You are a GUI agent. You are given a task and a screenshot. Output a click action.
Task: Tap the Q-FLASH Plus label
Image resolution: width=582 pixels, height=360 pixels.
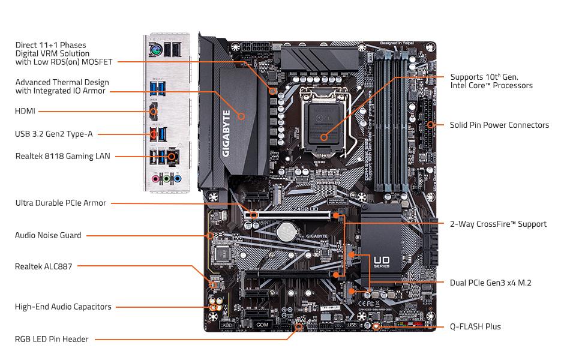tap(475, 327)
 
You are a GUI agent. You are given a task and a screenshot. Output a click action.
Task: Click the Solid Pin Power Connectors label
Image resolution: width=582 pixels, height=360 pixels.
tap(499, 125)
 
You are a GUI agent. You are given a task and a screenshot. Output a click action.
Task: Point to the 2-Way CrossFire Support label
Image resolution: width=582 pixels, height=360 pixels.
tap(498, 224)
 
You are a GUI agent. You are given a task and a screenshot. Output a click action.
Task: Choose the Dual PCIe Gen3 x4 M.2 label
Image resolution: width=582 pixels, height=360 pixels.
tap(490, 283)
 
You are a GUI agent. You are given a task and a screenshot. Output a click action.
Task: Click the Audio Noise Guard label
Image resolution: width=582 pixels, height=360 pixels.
tap(48, 235)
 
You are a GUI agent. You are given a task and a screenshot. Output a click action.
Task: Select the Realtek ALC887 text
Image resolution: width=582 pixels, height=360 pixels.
tap(43, 266)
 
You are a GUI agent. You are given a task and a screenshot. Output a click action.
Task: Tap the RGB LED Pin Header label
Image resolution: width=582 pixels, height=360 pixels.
tap(52, 339)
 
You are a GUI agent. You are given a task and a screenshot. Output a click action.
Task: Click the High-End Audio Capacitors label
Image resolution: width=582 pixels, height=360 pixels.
tap(63, 307)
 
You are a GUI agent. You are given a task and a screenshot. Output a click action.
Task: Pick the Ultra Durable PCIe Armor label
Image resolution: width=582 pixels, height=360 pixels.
tap(61, 203)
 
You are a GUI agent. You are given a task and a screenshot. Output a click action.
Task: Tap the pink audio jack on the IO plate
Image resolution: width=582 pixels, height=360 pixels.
tap(155, 178)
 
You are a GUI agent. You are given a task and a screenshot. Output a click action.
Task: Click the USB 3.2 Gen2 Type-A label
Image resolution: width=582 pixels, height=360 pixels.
tap(54, 134)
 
